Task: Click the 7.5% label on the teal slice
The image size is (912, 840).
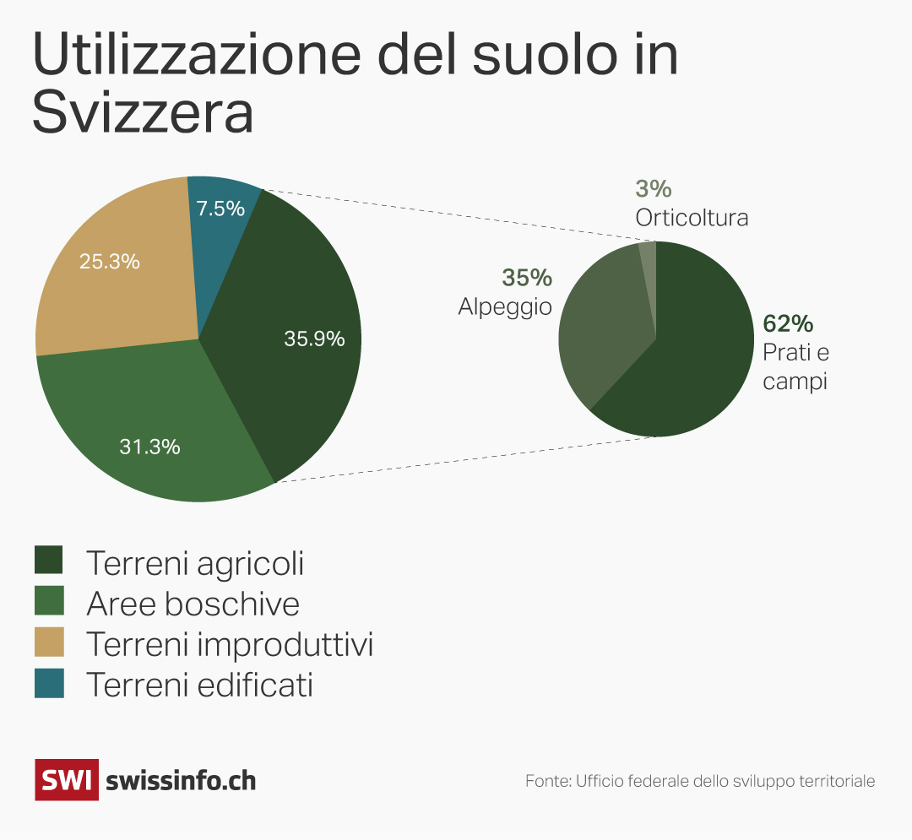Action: [x=220, y=209]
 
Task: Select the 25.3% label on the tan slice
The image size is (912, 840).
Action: [x=109, y=262]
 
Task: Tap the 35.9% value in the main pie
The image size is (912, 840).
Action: [x=314, y=339]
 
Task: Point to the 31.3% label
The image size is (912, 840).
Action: [x=149, y=447]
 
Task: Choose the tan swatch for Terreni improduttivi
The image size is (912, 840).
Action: [x=49, y=643]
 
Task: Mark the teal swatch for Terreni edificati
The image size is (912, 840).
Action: [x=49, y=684]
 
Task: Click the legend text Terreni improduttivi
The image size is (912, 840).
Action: [x=230, y=644]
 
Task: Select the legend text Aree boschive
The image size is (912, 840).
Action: [x=193, y=604]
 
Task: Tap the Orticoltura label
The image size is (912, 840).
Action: [x=692, y=218]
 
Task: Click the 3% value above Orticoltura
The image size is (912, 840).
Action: [x=653, y=189]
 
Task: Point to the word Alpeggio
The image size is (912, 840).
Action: [x=505, y=306]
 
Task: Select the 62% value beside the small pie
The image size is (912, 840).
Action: [x=787, y=323]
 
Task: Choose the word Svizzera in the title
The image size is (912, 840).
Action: [x=143, y=114]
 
